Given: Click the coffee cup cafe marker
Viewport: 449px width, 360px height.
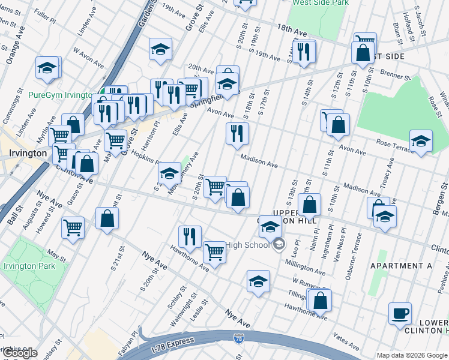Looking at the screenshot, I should [x=400, y=313].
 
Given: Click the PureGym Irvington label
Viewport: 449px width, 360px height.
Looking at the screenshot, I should [x=60, y=95].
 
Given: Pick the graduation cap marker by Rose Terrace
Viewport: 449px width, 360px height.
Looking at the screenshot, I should [x=421, y=141].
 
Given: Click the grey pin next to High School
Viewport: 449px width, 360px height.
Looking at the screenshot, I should [x=279, y=244].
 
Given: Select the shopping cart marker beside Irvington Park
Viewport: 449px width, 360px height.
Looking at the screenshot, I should [x=73, y=227].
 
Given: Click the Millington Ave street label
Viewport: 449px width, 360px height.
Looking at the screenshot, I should [x=305, y=268].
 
